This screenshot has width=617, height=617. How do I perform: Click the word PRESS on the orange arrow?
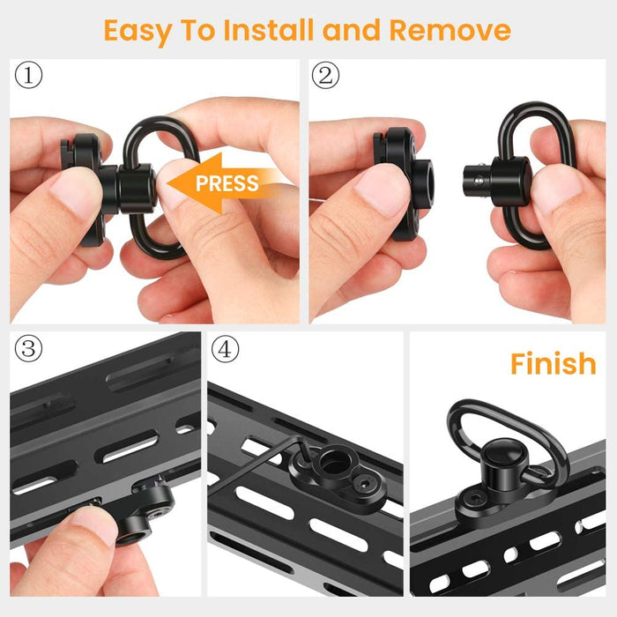[x=227, y=183]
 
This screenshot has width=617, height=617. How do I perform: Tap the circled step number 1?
[x=28, y=75]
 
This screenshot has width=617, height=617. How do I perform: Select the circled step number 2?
[x=325, y=75]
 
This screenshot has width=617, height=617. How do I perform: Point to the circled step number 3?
[x=28, y=349]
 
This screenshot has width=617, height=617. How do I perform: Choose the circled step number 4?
[x=225, y=349]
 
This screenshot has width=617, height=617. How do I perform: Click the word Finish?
[x=553, y=363]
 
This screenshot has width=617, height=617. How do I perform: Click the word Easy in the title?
[x=138, y=32]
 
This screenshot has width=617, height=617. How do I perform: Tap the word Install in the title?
[x=269, y=30]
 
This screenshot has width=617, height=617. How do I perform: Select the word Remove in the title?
[x=450, y=30]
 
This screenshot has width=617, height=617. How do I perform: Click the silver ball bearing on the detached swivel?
[x=478, y=181]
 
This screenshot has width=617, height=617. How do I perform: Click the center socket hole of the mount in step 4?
[x=333, y=464]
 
